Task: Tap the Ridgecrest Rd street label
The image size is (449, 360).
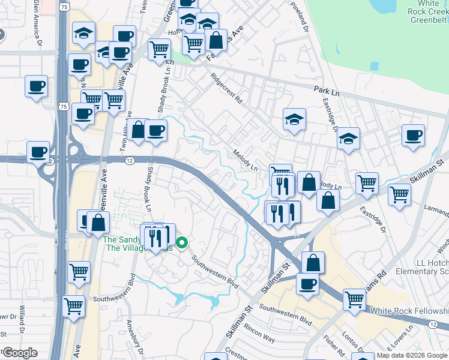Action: tap(226, 88)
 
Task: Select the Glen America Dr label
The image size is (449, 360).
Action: tap(39, 23)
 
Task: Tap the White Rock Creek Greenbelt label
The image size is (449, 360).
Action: tap(423, 11)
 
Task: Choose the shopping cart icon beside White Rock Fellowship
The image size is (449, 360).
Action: tap(354, 300)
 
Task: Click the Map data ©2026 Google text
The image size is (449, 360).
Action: tap(411, 355)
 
